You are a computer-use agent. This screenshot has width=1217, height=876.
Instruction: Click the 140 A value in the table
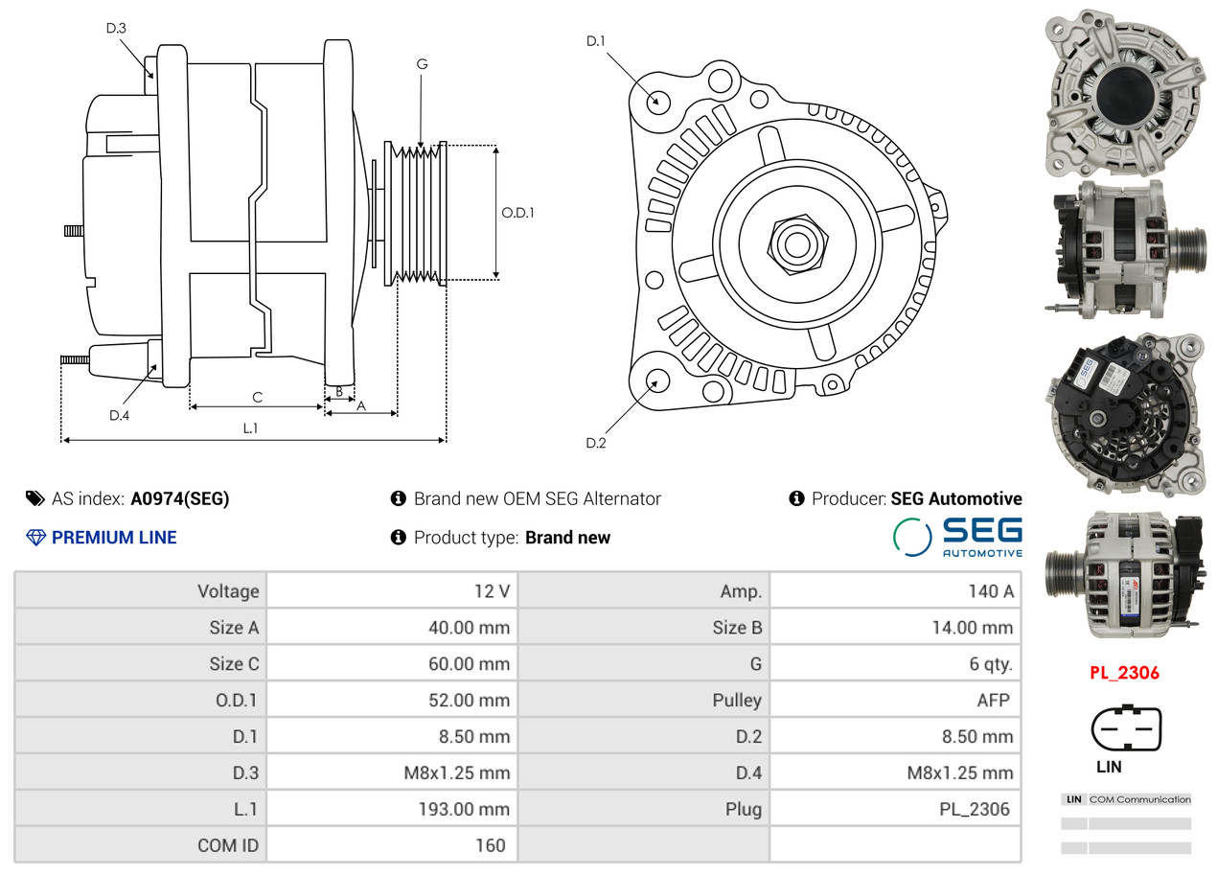[x=990, y=591]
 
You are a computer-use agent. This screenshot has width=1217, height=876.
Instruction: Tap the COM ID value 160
[x=490, y=845]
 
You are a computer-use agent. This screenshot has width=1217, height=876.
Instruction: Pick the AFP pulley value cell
[x=993, y=701]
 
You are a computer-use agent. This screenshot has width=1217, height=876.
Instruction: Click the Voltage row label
[x=228, y=591]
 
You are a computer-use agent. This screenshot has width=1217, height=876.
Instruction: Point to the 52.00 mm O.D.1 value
[x=469, y=701]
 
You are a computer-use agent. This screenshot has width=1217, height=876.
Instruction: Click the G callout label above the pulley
[x=422, y=64]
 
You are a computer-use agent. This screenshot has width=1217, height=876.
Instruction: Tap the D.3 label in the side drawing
[x=116, y=28]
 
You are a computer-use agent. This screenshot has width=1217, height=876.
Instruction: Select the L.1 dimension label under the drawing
[x=250, y=428]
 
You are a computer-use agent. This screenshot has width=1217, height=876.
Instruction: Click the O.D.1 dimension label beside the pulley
[x=517, y=213]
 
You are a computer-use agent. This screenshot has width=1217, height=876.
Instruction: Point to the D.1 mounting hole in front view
[x=657, y=101]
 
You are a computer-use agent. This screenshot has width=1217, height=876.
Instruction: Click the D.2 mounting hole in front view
[x=656, y=381]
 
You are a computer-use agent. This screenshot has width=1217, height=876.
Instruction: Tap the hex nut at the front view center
[x=794, y=242]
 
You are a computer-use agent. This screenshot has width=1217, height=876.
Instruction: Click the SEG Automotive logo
[x=957, y=537]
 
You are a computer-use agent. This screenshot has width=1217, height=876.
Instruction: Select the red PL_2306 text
[x=1124, y=673]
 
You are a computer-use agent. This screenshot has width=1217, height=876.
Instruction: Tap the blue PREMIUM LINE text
[x=113, y=538]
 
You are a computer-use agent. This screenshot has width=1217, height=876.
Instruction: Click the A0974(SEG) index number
[x=180, y=498]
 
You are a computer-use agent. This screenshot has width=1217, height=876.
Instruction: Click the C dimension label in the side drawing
[x=257, y=397]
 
